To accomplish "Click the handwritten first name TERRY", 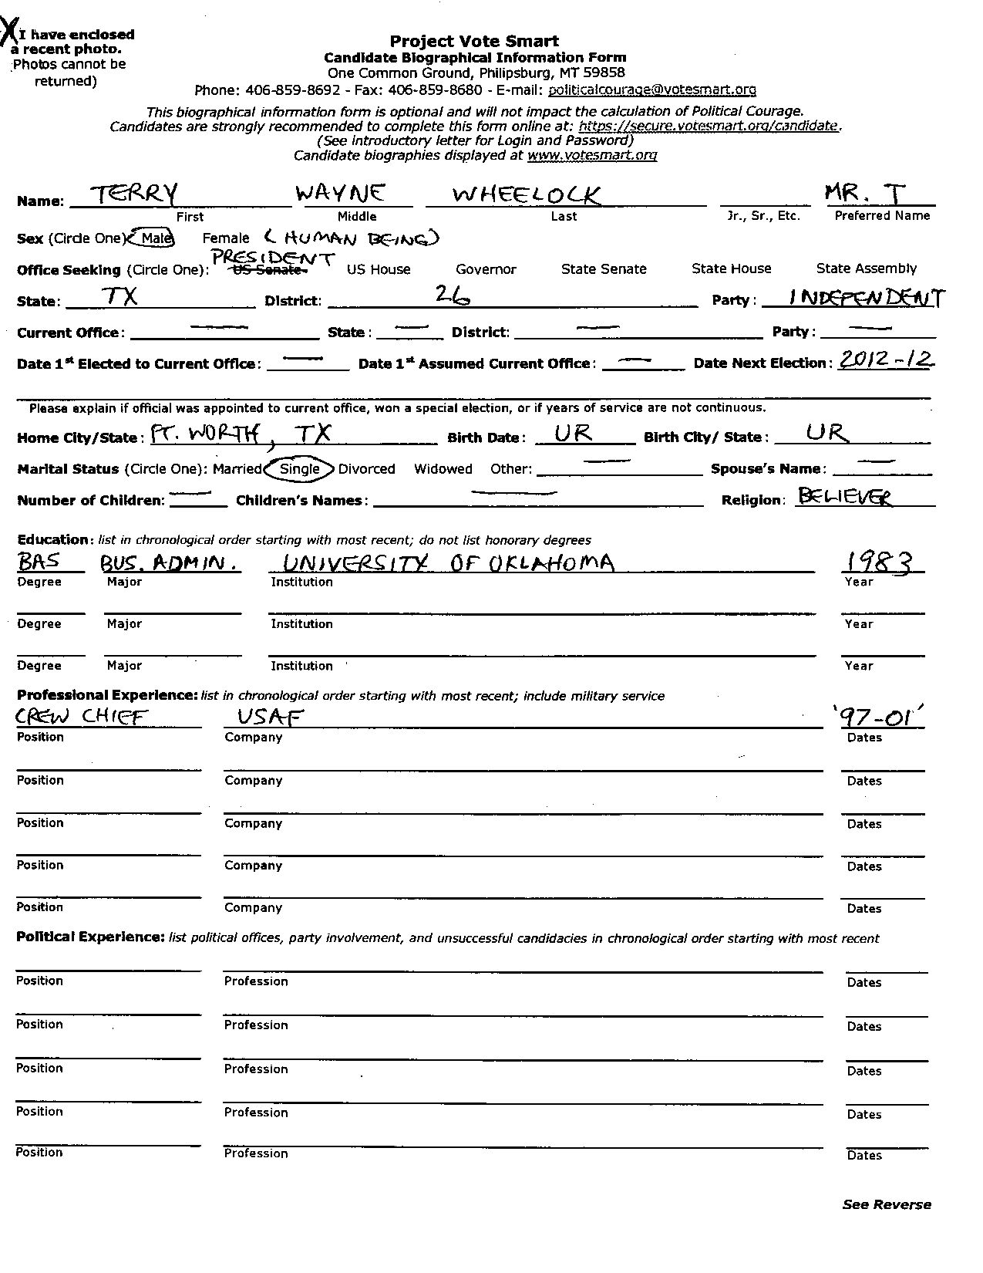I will pyautogui.click(x=134, y=194).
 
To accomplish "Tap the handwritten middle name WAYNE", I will pyautogui.click(x=341, y=194).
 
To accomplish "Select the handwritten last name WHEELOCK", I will pyautogui.click(x=526, y=195).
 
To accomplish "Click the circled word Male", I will pyautogui.click(x=154, y=238).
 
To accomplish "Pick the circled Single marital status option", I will pyautogui.click(x=299, y=468).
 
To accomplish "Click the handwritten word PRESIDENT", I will pyautogui.click(x=272, y=258).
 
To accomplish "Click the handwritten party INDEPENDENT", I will pyautogui.click(x=856, y=298).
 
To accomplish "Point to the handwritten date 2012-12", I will pyautogui.click(x=885, y=360).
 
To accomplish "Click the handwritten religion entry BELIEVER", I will pyautogui.click(x=844, y=497).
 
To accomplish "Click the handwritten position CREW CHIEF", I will pyautogui.click(x=81, y=718).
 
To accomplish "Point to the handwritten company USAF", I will pyautogui.click(x=269, y=718).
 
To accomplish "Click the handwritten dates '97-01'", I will pyautogui.click(x=883, y=718).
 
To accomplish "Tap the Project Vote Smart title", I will pyautogui.click(x=474, y=41).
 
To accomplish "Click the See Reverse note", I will pyautogui.click(x=887, y=1204).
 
